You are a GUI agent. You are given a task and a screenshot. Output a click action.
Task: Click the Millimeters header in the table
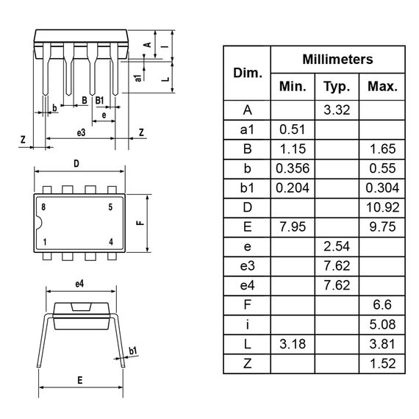coord(337,60)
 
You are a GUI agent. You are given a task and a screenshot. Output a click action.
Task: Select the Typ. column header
coord(337,86)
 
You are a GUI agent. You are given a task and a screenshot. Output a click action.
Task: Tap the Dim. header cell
coord(247,73)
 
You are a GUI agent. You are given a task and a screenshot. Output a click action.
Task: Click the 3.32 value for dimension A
coord(337,110)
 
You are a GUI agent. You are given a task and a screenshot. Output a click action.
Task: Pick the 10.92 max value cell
coord(382,207)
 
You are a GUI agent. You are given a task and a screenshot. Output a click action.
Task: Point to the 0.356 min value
coord(293,168)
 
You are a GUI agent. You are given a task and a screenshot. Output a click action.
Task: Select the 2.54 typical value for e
coord(337,246)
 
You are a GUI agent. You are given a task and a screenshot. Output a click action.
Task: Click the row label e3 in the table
coord(247,265)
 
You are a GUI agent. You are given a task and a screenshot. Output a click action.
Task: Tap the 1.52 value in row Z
coord(382,362)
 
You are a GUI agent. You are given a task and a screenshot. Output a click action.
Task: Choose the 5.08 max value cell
coord(382,323)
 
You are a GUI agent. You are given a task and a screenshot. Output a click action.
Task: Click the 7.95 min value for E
coord(293,226)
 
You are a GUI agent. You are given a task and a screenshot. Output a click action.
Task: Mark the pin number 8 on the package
coord(44,207)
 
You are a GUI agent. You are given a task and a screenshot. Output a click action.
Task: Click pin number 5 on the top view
coord(110,207)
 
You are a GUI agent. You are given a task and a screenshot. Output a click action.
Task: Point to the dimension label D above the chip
coord(76,163)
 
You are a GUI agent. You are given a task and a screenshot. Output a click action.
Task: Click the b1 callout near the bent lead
coord(133,351)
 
